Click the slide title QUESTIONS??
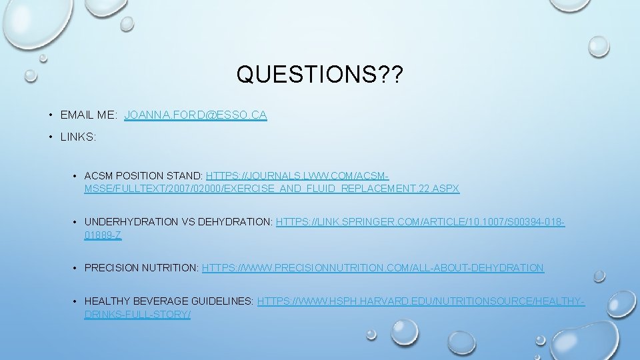coord(319,74)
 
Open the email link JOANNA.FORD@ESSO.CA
coord(195,115)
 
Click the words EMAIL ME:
coord(89,115)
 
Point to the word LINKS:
coord(78,137)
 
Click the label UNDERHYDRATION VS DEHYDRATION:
coord(179,222)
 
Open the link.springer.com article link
coord(420,222)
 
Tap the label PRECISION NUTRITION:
coord(141,268)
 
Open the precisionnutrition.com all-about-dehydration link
coord(373,268)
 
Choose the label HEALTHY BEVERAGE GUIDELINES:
coord(169,302)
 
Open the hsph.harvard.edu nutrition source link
coord(421,302)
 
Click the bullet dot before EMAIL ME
coord(51,115)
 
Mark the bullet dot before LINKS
coord(51,137)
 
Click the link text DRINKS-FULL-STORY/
coord(137,314)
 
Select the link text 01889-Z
coord(103,235)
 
